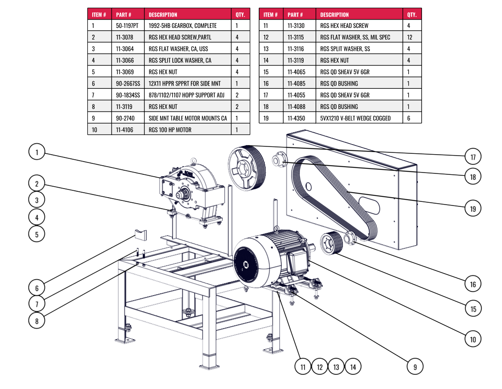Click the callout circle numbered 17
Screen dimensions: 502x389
[x=473, y=157]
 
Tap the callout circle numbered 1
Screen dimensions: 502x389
[x=37, y=152]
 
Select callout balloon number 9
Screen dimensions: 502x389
[x=415, y=367]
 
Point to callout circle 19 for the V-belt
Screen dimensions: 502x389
[x=473, y=209]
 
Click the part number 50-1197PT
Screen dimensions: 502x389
[x=127, y=26]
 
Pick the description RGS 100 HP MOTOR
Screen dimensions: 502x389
[x=170, y=130]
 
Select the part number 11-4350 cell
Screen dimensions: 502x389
[x=296, y=118]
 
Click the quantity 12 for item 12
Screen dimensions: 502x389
[x=410, y=37]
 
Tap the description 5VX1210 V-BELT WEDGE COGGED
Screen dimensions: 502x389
[x=355, y=118]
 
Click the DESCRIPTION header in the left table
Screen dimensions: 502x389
[x=163, y=15]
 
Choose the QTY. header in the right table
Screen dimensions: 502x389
[x=412, y=15]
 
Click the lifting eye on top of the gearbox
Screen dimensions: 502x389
[x=193, y=161]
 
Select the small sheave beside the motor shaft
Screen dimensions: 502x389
[x=331, y=243]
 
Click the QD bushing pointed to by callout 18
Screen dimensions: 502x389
[x=279, y=160]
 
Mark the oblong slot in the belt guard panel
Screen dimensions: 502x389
[x=369, y=206]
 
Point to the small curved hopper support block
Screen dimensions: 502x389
[x=140, y=235]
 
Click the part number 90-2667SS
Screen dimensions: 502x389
[x=128, y=84]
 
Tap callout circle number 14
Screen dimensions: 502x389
[x=353, y=367]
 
